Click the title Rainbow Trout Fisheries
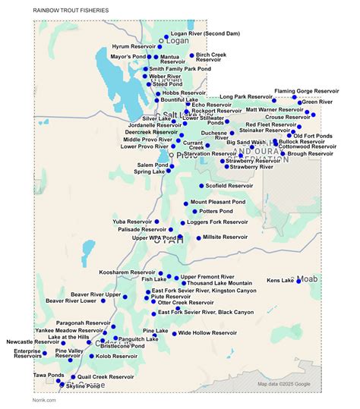coord(71,11)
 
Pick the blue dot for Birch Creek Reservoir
coord(192,55)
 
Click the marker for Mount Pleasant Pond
coord(186,203)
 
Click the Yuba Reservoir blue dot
coord(156,222)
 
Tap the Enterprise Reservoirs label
coord(28,354)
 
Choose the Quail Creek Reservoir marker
coord(73,377)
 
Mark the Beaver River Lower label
coord(71,300)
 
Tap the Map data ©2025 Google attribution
coord(283,384)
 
